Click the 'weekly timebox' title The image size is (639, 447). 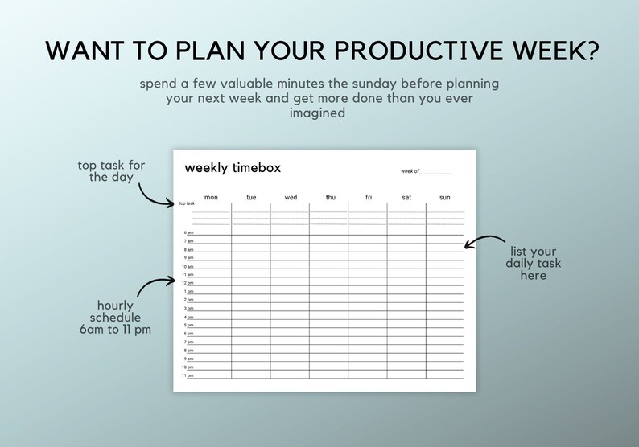point(233,168)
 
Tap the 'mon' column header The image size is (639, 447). point(211,197)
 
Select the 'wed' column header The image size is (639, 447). point(291,197)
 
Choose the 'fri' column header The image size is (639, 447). point(369,197)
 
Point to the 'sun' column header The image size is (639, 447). point(445,197)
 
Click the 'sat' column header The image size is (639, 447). point(406,197)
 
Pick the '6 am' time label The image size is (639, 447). point(188,232)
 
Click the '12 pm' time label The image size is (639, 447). point(188,283)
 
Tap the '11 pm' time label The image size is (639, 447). point(188,375)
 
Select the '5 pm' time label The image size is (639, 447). point(188,325)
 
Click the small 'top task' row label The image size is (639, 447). point(187,203)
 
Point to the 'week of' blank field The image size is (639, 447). point(435,171)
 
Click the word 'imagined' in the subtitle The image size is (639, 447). point(317,113)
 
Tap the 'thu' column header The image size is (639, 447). point(330,197)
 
